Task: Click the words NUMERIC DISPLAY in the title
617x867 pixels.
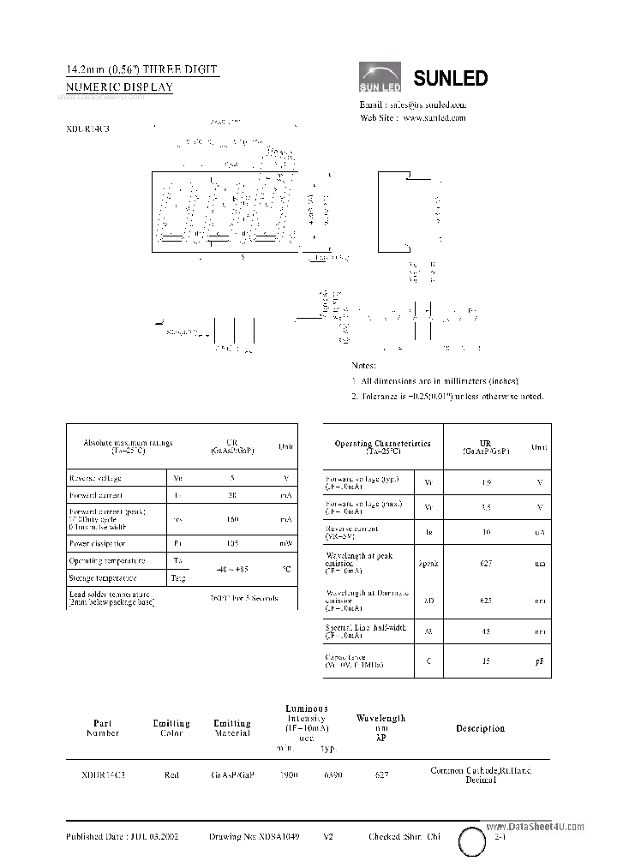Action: click(120, 87)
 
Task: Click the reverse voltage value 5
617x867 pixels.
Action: click(232, 478)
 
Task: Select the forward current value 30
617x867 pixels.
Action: click(232, 495)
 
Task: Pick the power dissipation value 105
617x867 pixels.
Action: click(232, 543)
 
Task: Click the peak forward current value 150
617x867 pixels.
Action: click(232, 519)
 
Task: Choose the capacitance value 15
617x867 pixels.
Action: click(485, 661)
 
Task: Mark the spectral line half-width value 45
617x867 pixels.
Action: click(485, 632)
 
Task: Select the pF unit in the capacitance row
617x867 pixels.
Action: click(540, 661)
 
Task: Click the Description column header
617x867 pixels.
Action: click(480, 728)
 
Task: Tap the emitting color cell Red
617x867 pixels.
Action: click(171, 774)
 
